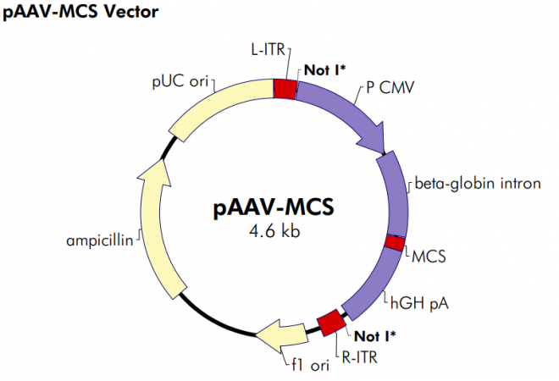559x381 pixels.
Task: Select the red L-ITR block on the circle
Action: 285,88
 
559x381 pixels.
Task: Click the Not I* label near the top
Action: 324,69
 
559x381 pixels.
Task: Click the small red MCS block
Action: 394,243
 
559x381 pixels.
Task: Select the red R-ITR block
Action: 330,323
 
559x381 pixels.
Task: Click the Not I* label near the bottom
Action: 374,335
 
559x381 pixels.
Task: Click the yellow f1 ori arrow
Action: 279,335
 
